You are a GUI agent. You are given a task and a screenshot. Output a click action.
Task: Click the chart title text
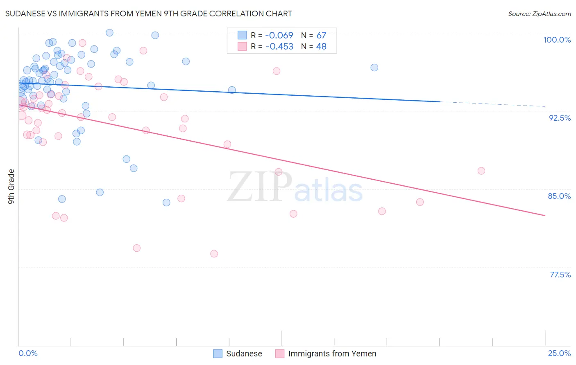[x=148, y=14]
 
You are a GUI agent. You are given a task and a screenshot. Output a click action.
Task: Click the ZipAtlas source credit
[x=539, y=14]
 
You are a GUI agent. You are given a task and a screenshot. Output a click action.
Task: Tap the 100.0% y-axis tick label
[x=557, y=40]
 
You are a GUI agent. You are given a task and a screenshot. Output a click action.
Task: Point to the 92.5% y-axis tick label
[x=560, y=118]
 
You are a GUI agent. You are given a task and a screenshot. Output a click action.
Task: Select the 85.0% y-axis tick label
[x=559, y=196]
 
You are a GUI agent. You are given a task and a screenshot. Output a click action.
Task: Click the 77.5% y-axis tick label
[x=560, y=275]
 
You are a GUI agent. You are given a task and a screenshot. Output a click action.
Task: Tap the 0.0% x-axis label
[x=28, y=353]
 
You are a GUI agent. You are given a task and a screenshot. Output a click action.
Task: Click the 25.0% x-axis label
[x=559, y=353]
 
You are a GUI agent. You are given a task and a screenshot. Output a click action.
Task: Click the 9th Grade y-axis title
[x=11, y=186]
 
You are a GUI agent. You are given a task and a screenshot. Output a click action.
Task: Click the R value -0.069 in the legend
[x=279, y=36]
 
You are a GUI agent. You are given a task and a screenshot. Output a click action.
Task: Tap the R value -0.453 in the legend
[x=279, y=47]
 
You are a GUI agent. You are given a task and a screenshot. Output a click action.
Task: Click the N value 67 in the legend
[x=321, y=36]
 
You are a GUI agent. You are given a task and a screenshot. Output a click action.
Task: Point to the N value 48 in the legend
[x=321, y=47]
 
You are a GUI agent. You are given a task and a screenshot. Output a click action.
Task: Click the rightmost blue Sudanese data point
[x=374, y=68]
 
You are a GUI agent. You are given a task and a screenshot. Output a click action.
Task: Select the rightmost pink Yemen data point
[x=481, y=171]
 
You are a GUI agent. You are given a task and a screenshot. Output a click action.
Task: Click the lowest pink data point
[x=214, y=254]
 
